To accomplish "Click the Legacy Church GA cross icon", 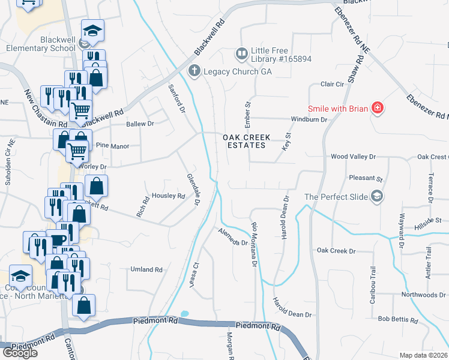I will pyautogui.click(x=194, y=71).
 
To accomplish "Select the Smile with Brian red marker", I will pyautogui.click(x=378, y=109).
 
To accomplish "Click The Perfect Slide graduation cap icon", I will pyautogui.click(x=376, y=196).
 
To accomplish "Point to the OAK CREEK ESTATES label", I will pyautogui.click(x=244, y=141).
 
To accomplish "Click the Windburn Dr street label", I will pyautogui.click(x=309, y=119).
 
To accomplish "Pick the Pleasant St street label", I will pyautogui.click(x=366, y=178).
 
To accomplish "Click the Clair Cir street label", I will pyautogui.click(x=331, y=85).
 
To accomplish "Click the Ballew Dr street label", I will pyautogui.click(x=140, y=124).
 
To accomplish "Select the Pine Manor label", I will pyautogui.click(x=109, y=145).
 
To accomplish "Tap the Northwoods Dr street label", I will pyautogui.click(x=423, y=295).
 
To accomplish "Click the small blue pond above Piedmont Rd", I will pyautogui.click(x=184, y=314).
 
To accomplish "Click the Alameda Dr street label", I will pyautogui.click(x=233, y=239).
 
